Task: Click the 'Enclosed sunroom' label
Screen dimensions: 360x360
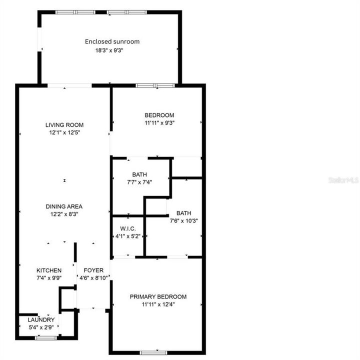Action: pyautogui.click(x=112, y=41)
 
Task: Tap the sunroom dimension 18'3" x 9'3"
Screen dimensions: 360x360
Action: pyautogui.click(x=112, y=50)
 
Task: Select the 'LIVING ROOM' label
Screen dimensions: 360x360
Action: pyautogui.click(x=64, y=125)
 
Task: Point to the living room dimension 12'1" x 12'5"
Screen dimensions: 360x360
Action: pyautogui.click(x=64, y=133)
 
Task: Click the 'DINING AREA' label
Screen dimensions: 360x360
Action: pyautogui.click(x=64, y=206)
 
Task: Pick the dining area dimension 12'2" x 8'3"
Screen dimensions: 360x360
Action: pyautogui.click(x=64, y=214)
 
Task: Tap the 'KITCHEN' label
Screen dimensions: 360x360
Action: pyautogui.click(x=49, y=270)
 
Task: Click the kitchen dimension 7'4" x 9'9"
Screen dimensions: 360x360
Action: pyautogui.click(x=49, y=278)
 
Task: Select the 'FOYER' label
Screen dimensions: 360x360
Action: pyautogui.click(x=93, y=270)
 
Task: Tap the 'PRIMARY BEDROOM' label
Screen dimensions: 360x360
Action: pyautogui.click(x=158, y=296)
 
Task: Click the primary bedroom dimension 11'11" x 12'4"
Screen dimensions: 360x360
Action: pyautogui.click(x=158, y=304)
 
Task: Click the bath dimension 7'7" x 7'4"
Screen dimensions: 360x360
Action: pyautogui.click(x=139, y=182)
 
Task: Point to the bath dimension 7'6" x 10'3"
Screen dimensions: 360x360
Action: pyautogui.click(x=183, y=220)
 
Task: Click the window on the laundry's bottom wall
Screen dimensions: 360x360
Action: pyautogui.click(x=45, y=338)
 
